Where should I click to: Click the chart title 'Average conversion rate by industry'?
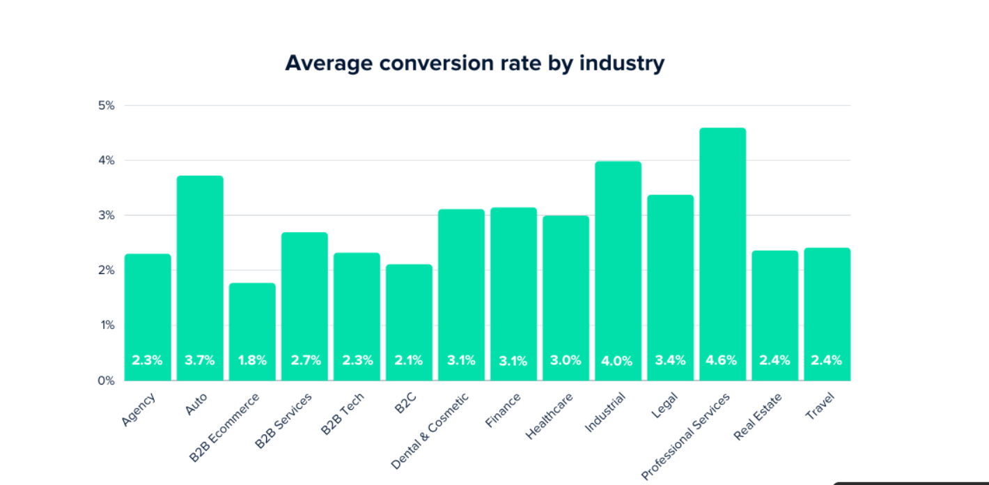[x=474, y=63]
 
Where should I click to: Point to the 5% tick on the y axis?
[x=106, y=106]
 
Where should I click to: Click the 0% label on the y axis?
[x=106, y=380]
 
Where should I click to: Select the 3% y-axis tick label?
[x=106, y=215]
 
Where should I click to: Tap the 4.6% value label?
[x=722, y=360]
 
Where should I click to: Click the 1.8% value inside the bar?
[x=252, y=360]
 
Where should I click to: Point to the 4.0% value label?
[x=617, y=361]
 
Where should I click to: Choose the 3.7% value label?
[x=200, y=360]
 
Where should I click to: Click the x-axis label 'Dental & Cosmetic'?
[x=430, y=430]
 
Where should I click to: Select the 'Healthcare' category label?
[x=550, y=416]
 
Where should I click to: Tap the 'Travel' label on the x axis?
[x=820, y=406]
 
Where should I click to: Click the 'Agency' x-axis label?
[x=139, y=410]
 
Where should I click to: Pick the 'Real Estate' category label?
[x=758, y=417]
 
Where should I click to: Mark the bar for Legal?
[x=670, y=279]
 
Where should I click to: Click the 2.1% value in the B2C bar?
[x=408, y=360]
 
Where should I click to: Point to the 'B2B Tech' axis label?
[x=343, y=414]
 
